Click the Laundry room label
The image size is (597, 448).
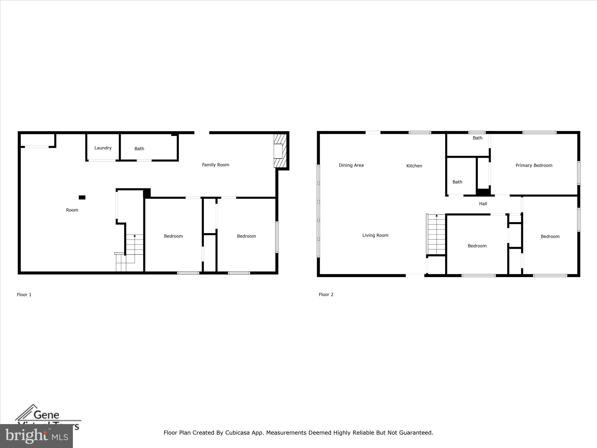pos(103,148)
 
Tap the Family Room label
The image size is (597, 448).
pos(215,165)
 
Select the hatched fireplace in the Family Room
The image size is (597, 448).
pos(280,151)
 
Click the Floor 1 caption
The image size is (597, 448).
pos(24,295)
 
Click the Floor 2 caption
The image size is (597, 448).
pos(326,294)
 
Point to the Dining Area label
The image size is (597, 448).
pos(351,165)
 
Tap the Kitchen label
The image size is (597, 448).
pos(414,166)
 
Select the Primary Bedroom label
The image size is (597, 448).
pos(534,165)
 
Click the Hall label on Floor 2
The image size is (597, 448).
pos(483,204)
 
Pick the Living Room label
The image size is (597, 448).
pos(375,235)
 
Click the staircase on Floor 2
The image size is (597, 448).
pos(436,235)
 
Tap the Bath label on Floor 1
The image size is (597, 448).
pos(139,149)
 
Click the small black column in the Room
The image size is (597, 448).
pos(82,197)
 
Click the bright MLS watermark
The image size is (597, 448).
pos(36,436)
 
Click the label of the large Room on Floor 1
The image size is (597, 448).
pos(72,210)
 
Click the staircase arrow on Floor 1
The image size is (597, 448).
pos(134,236)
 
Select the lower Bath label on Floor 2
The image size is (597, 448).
pos(457,182)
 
